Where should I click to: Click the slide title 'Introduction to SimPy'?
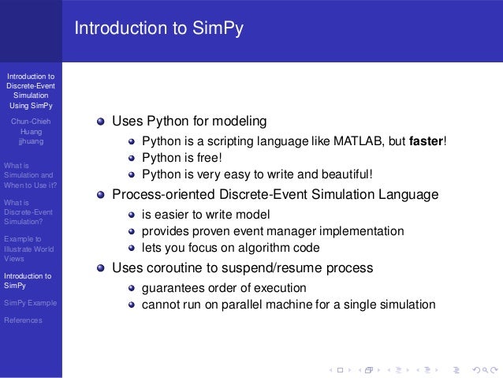(x=158, y=29)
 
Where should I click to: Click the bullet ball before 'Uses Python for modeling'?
(x=100, y=122)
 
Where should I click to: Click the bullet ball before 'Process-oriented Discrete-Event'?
(x=100, y=195)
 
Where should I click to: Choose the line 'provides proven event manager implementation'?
(x=272, y=231)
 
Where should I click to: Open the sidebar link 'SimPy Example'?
(x=30, y=303)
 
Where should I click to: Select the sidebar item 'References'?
(x=24, y=320)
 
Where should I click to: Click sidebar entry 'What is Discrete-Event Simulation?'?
(x=28, y=212)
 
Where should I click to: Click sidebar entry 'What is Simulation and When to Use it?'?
(x=29, y=175)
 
